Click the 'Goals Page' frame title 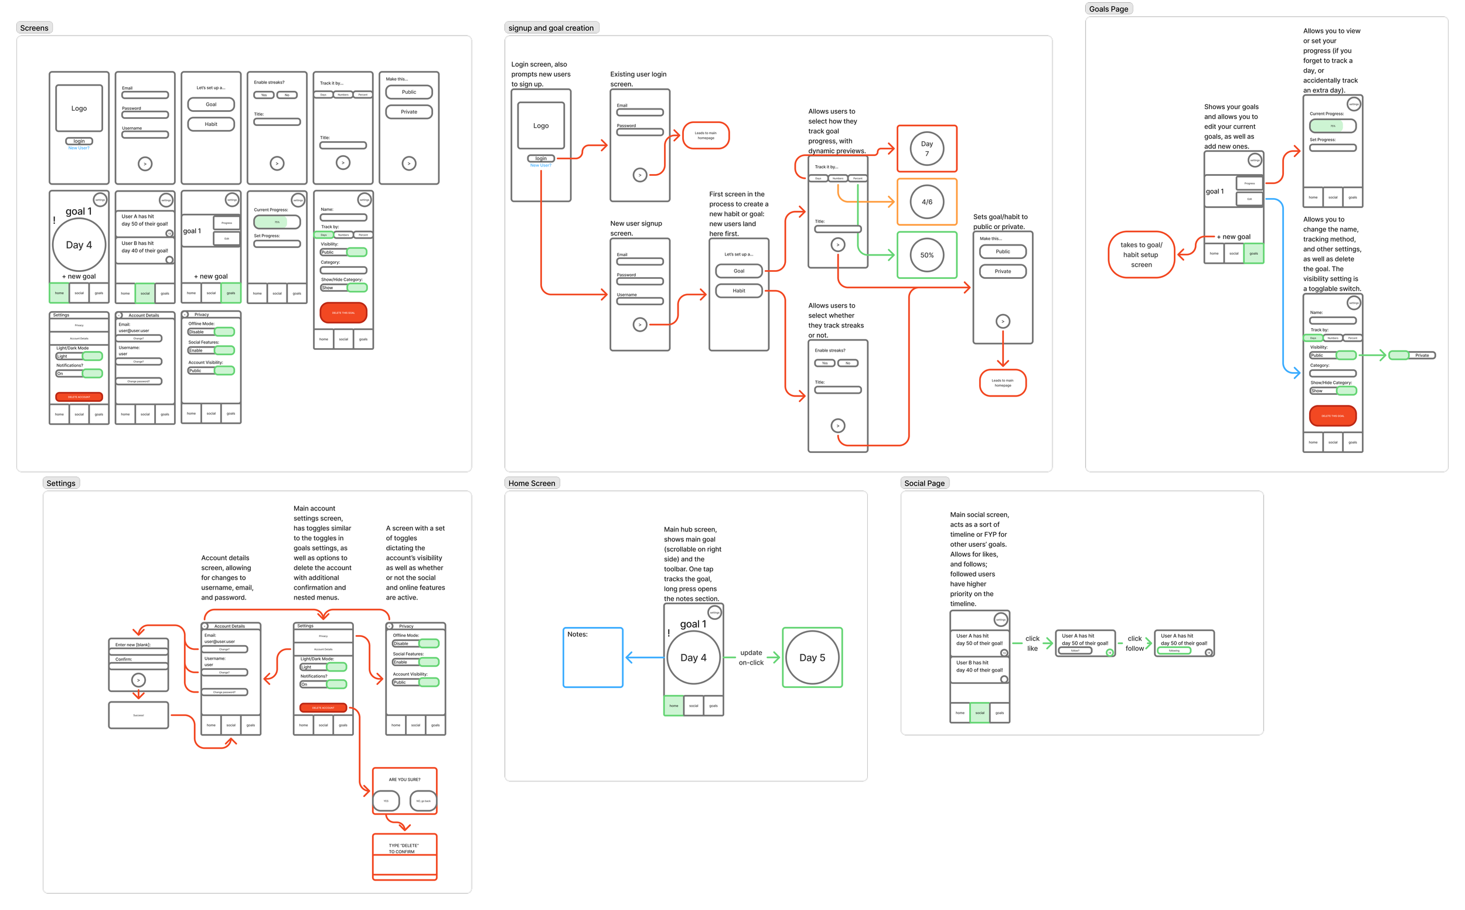coord(1108,9)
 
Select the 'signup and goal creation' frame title coord(551,28)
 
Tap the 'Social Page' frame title coord(924,483)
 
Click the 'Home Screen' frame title coord(532,483)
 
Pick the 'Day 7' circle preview coord(926,149)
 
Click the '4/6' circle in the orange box coord(926,202)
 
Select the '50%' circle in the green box coord(926,255)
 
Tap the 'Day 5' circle coord(812,658)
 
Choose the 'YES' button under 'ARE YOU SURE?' coord(386,801)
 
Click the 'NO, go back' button coord(423,801)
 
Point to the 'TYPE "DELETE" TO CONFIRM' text coord(403,848)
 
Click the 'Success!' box coord(138,715)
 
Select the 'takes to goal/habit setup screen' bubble coord(1140,254)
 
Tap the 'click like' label coord(1033,643)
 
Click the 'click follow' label coord(1134,643)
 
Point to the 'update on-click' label coord(751,658)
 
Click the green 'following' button coord(1174,650)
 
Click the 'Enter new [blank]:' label coord(132,645)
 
